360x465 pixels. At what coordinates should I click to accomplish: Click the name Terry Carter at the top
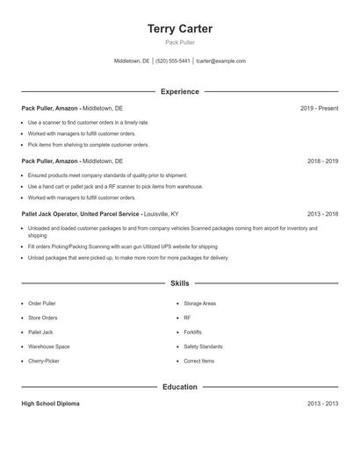pos(180,29)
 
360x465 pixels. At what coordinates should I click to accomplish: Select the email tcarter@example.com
pos(221,61)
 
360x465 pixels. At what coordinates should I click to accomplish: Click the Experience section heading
pos(180,91)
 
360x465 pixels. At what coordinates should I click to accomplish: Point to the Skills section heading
pos(180,283)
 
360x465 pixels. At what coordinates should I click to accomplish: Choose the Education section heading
pos(180,387)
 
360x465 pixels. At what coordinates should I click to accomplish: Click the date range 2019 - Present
pos(319,108)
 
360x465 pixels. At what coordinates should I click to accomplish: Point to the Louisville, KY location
pos(162,213)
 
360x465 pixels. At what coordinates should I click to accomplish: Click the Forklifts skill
pos(192,332)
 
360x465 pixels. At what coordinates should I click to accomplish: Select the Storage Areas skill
pos(199,303)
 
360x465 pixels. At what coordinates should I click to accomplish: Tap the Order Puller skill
pos(41,303)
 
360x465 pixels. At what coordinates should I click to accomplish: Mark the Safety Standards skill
pos(203,347)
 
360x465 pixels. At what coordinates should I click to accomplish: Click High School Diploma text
pos(51,404)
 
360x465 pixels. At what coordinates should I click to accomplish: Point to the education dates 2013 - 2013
pos(322,404)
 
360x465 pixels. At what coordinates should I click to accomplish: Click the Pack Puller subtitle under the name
pos(180,42)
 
